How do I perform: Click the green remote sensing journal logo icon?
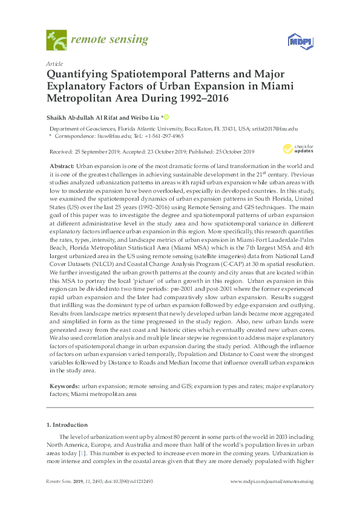[x=56, y=41]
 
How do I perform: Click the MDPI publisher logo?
[x=296, y=42]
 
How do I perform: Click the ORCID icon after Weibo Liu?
[x=166, y=117]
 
